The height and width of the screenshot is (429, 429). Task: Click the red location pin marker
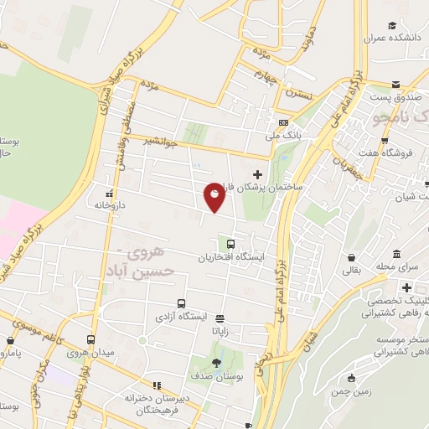215,198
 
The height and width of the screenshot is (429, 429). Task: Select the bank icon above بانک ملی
282,122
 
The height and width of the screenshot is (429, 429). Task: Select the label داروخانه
110,204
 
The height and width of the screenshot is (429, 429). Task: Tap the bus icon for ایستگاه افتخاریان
223,243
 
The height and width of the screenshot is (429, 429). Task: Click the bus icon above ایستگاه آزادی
181,303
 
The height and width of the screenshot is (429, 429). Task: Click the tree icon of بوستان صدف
217,363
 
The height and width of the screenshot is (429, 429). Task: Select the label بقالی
351,270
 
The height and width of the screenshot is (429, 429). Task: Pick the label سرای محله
396,266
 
